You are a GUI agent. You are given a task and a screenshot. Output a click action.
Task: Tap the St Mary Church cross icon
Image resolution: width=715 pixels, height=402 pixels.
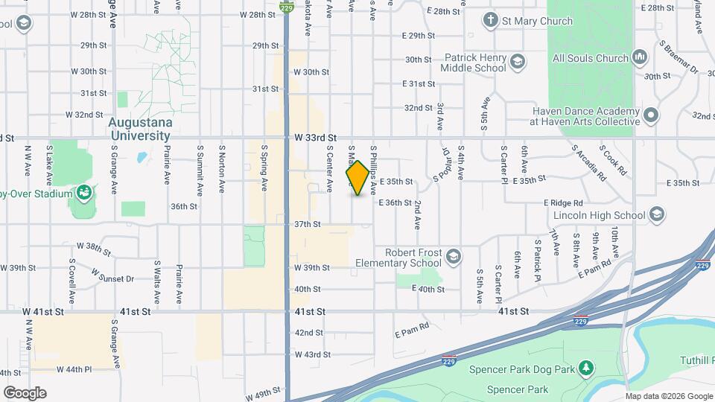point(490,20)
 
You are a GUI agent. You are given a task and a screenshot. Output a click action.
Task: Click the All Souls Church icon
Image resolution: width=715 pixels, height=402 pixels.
point(640,57)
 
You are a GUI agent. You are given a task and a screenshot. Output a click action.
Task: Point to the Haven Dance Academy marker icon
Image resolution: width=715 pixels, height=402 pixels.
point(651,115)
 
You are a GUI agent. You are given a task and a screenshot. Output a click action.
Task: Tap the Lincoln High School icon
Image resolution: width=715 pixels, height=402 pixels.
point(657,215)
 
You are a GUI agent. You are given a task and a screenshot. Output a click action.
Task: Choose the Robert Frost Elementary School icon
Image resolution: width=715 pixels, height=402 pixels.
point(452,258)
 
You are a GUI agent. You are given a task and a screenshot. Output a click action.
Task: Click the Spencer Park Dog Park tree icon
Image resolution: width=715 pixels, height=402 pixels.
point(587,368)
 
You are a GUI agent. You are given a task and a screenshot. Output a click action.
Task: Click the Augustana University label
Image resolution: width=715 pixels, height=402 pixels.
point(139,129)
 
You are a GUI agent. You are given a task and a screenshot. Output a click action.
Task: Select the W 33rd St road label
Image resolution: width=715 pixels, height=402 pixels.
point(316,138)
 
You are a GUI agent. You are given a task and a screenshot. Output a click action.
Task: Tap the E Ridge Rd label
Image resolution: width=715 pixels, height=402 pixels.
point(563,202)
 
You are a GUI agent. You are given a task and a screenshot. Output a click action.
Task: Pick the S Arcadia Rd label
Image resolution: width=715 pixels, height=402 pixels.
point(589,163)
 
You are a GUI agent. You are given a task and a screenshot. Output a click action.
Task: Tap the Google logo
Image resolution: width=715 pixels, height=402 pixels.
point(25,392)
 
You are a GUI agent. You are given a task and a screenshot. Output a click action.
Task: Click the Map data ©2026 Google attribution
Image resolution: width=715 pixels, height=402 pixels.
point(669,396)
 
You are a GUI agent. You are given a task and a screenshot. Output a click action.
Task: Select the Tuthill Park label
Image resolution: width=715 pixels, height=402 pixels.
point(694,361)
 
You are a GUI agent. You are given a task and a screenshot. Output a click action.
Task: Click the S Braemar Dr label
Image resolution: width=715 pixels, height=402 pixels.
point(678,57)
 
